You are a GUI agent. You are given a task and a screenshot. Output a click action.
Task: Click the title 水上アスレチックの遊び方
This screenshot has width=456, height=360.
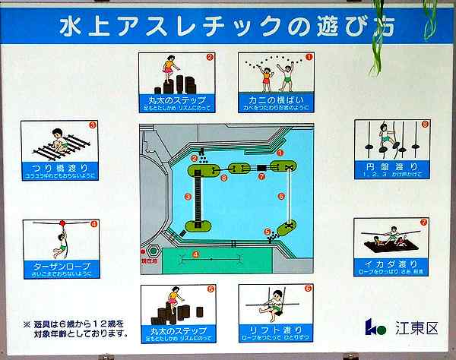coord(227,25)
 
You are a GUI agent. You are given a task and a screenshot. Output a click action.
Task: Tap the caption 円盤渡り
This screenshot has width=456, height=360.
coord(392,165)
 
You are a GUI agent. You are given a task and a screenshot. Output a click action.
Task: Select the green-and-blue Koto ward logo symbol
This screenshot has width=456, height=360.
coord(375,327)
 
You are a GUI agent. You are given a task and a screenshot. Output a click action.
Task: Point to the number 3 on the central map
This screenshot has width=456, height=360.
coord(187,197)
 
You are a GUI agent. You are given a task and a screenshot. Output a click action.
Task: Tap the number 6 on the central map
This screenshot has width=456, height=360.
coord(281,196)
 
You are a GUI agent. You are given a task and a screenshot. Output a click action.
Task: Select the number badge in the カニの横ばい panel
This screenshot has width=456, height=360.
coord(309,56)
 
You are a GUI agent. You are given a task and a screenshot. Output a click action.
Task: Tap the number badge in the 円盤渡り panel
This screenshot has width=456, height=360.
coord(425,124)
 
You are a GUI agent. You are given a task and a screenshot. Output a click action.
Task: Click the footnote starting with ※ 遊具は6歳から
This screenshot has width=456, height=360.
coord(76,328)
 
